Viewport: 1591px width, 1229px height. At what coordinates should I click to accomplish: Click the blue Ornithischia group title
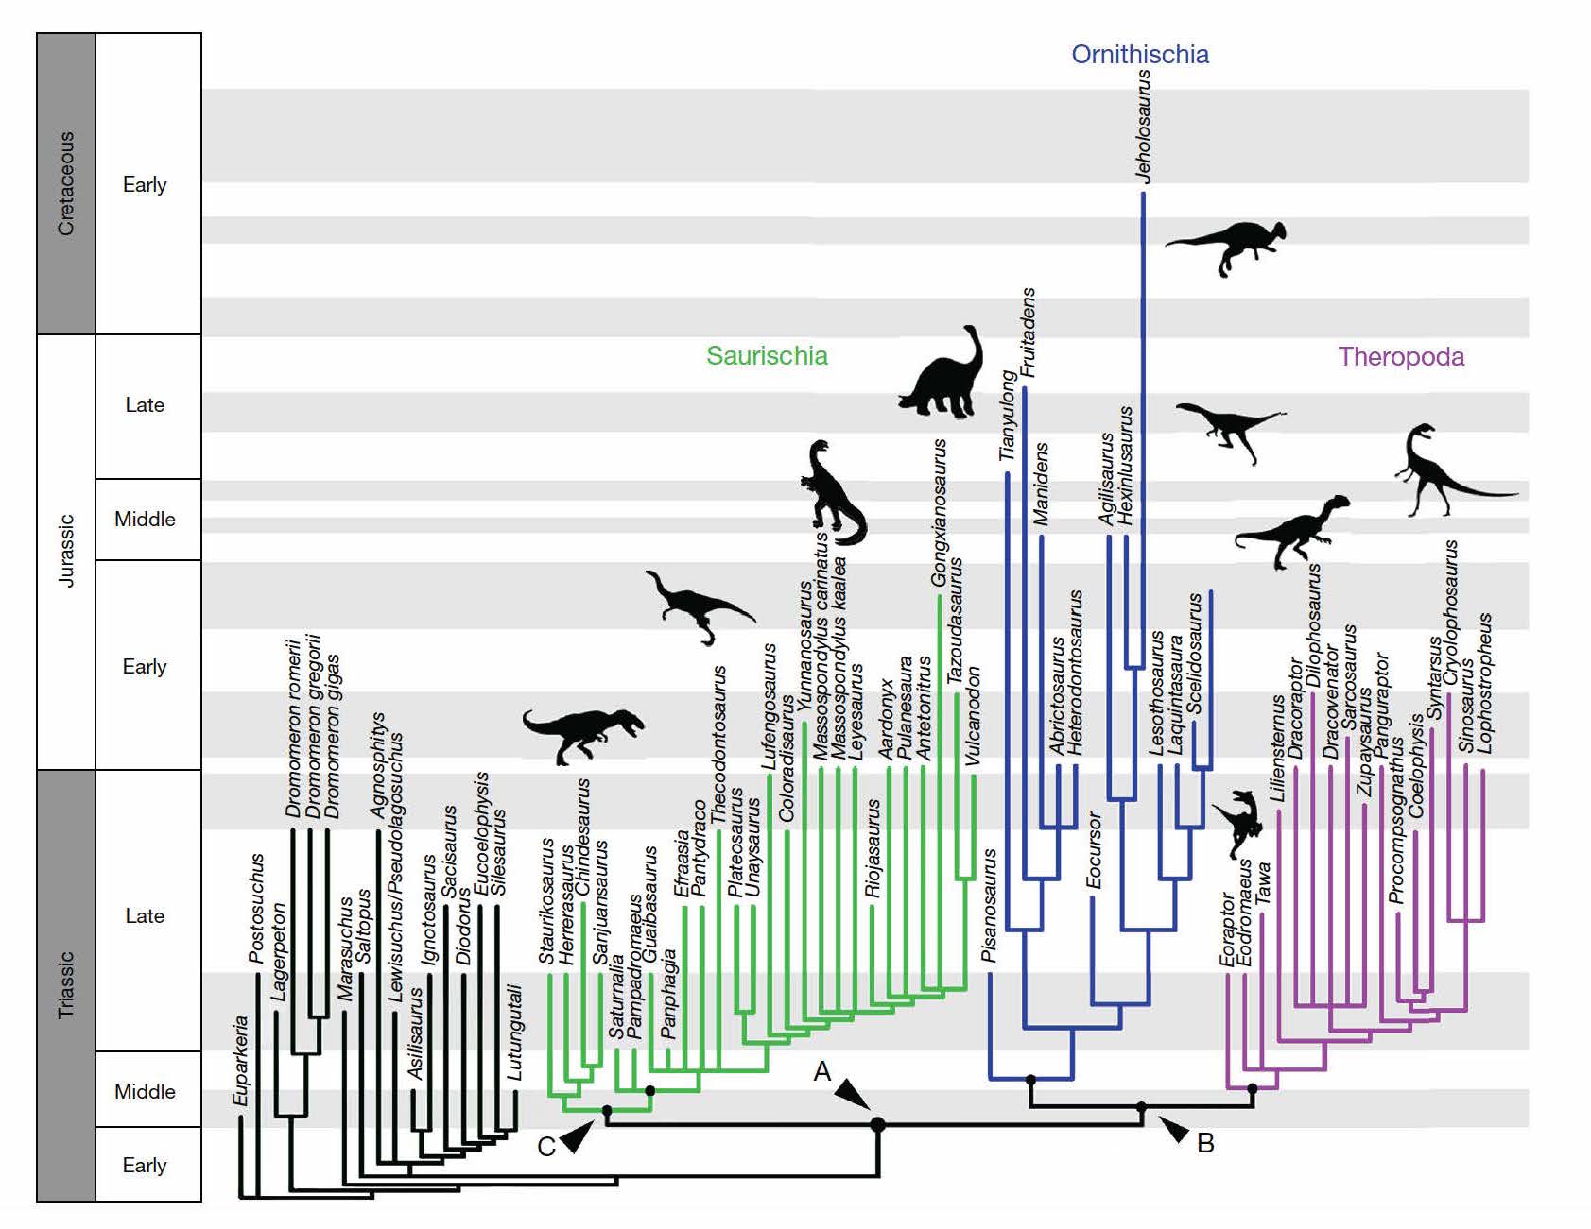(x=1139, y=55)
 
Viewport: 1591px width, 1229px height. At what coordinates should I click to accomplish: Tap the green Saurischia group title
(x=767, y=356)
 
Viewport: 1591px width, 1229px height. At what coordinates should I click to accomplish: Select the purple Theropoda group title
(x=1401, y=357)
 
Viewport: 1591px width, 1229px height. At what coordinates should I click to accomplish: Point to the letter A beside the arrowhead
(x=822, y=1071)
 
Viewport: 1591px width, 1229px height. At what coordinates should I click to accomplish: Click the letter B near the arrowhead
(x=1205, y=1143)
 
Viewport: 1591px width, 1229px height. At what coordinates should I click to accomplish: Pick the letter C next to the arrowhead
(x=546, y=1147)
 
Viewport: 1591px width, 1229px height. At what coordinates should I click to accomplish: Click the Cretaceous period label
(x=66, y=183)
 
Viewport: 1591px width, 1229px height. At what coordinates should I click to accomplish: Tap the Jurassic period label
(x=66, y=551)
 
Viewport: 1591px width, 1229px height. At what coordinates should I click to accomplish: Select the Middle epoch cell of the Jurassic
(x=146, y=520)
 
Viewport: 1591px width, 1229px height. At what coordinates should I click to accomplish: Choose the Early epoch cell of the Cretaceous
(x=146, y=184)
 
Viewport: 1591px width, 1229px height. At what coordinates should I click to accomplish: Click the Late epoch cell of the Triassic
(x=146, y=915)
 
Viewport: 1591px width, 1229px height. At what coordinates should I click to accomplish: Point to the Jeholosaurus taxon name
(x=1144, y=126)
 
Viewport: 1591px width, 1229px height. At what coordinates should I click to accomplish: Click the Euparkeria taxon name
(x=241, y=1061)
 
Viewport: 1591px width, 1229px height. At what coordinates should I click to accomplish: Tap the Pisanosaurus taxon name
(x=989, y=906)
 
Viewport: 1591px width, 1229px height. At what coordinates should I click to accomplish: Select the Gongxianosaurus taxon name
(x=939, y=512)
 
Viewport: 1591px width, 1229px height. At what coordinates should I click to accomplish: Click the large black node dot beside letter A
(x=878, y=1124)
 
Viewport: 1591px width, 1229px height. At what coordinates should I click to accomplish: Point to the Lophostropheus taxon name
(x=1484, y=683)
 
